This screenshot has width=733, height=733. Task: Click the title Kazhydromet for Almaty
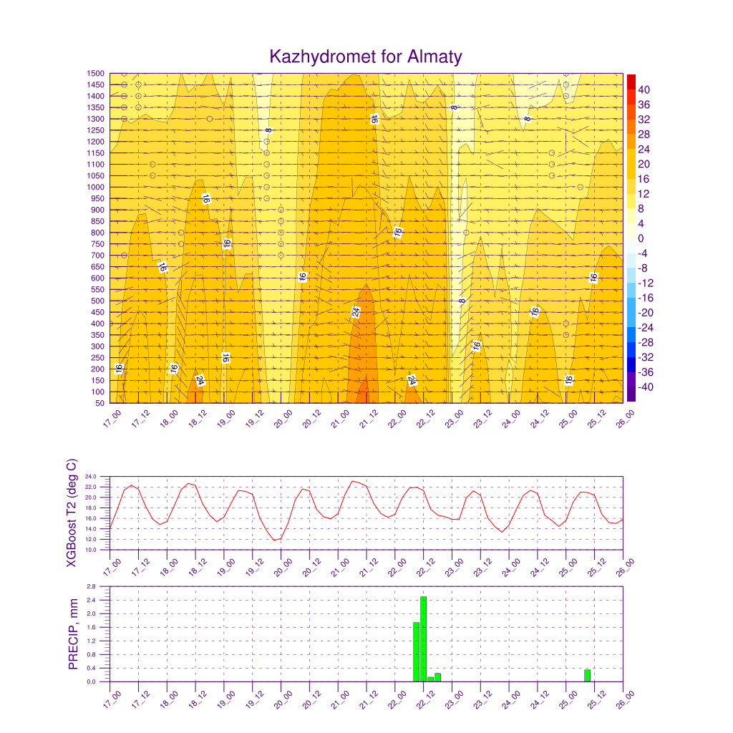pos(366,57)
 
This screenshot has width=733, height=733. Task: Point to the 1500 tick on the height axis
pos(95,74)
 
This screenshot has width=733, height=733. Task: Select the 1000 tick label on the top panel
pos(95,187)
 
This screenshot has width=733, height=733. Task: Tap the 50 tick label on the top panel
pos(100,403)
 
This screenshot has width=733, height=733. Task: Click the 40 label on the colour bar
pos(644,89)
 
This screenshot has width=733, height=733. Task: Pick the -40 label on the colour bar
pos(646,387)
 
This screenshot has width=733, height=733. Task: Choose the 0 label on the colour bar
pos(641,238)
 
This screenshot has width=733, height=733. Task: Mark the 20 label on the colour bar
pos(644,164)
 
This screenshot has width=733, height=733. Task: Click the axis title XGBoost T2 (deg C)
pos(72,513)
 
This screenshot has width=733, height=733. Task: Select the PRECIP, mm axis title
pos(73,634)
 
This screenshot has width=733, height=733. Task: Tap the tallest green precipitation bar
pos(424,639)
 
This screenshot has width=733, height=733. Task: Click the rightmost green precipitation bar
pos(588,676)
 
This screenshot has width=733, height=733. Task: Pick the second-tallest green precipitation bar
pos(416,652)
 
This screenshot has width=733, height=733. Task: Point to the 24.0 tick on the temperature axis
pos(91,477)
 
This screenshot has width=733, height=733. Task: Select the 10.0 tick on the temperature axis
pos(91,550)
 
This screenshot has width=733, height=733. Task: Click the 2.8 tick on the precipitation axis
pos(91,586)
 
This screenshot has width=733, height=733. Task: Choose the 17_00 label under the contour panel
pos(112,419)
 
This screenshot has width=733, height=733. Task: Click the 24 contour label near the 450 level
pos(356,312)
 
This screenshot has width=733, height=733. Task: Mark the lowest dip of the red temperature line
pos(275,540)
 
